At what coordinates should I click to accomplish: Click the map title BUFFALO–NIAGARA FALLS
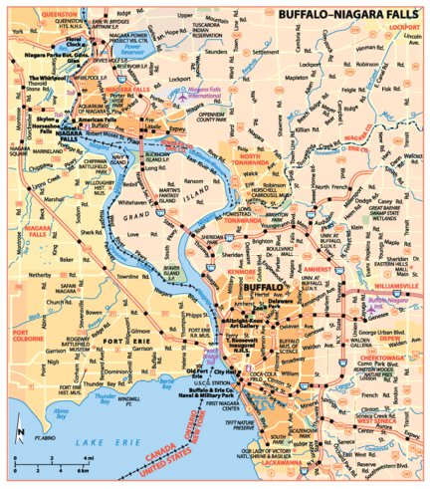coord(344,15)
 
